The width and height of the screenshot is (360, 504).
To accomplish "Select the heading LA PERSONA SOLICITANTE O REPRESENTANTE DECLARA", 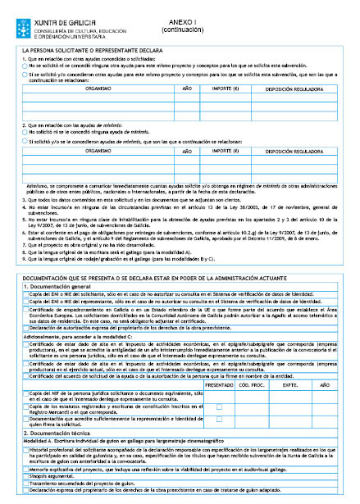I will pyautogui.click(x=91, y=51).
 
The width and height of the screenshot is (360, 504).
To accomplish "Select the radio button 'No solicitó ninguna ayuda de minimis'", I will pyautogui.click(x=25, y=131).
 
